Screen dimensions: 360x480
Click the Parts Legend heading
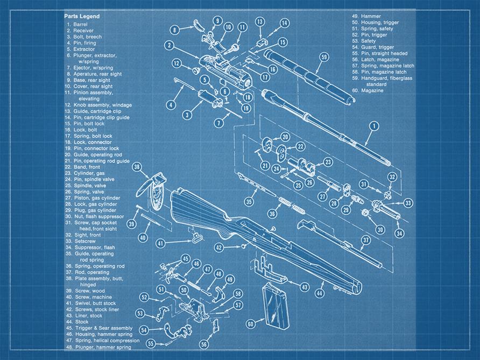pyautogui.click(x=82, y=17)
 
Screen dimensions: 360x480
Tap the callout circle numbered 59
pyautogui.click(x=323, y=57)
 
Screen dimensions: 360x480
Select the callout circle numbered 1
pyautogui.click(x=372, y=127)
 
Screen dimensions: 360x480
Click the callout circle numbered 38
pyautogui.click(x=137, y=167)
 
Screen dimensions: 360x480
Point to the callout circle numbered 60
pyautogui.click(x=250, y=324)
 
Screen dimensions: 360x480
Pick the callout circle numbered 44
pyautogui.click(x=320, y=294)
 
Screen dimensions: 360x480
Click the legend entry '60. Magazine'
pyautogui.click(x=367, y=91)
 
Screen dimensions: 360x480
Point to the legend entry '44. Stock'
pyautogui.click(x=78, y=322)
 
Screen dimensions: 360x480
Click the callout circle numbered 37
pyautogui.click(x=365, y=240)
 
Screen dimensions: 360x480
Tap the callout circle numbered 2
pyautogui.click(x=169, y=45)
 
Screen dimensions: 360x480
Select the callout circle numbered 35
pyautogui.click(x=249, y=201)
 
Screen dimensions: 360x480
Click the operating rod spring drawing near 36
pyautogui.click(x=291, y=204)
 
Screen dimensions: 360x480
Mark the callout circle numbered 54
pyautogui.click(x=144, y=329)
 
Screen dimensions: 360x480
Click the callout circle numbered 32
pyautogui.click(x=392, y=177)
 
